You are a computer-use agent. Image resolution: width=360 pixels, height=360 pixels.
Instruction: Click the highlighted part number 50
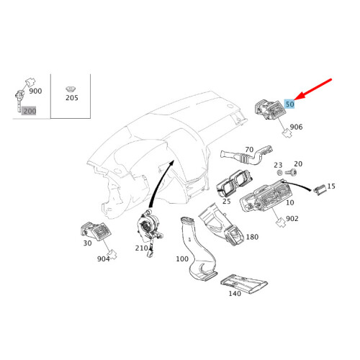(x=289, y=104)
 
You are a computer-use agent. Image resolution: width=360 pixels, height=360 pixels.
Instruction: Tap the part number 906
(x=296, y=127)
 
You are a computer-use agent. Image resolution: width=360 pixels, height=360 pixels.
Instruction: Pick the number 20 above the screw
(x=298, y=164)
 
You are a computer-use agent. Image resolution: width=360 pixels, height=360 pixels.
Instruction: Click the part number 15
(x=330, y=186)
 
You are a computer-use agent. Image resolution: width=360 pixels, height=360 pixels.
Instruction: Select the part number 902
(x=292, y=218)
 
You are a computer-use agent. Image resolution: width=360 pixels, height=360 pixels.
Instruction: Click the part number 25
(x=226, y=202)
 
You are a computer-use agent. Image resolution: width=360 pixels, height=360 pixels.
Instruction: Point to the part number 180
(x=252, y=237)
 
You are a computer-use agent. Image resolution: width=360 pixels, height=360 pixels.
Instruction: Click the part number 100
(x=181, y=258)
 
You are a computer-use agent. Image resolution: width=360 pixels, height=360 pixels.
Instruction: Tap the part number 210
(x=141, y=248)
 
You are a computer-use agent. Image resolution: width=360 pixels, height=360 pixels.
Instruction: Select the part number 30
(x=87, y=243)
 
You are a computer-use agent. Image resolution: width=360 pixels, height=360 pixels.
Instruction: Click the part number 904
(x=103, y=258)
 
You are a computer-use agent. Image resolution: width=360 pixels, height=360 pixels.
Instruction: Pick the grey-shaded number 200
(x=30, y=111)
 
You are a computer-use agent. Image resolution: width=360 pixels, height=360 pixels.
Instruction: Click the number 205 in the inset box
(x=71, y=97)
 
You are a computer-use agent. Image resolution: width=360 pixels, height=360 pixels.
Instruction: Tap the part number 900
(x=35, y=92)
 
